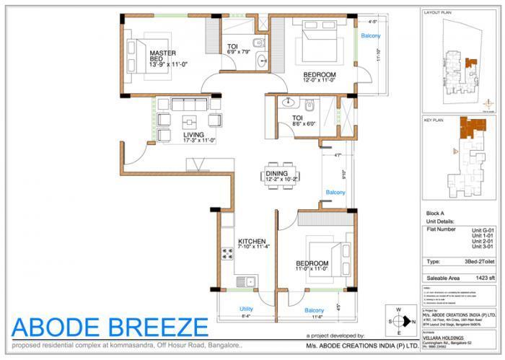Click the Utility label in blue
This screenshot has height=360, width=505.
click(246, 309)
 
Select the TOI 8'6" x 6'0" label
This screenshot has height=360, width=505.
click(302, 120)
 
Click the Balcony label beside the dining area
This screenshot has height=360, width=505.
click(335, 193)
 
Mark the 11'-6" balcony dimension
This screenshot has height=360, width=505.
click(316, 317)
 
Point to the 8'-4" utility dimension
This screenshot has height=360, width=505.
click(245, 317)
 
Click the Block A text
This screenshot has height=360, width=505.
click(436, 215)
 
